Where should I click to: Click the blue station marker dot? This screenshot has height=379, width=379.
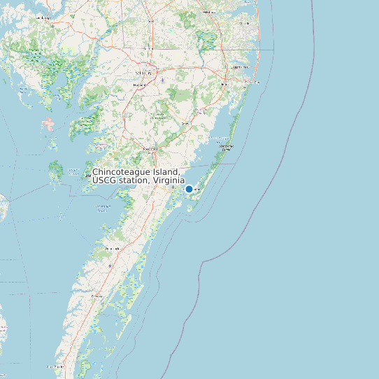pos(189,189)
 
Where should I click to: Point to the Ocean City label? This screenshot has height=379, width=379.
pos(252,82)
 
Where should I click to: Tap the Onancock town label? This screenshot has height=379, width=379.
pos(112,249)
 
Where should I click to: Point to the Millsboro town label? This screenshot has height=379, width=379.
pos(208,12)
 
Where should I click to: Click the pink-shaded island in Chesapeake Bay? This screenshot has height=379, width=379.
pos(48,125)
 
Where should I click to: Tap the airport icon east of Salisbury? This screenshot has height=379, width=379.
pos(163,79)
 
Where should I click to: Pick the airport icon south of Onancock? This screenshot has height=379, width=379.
pos(110,266)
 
